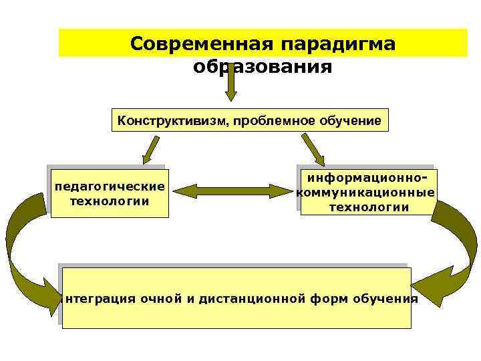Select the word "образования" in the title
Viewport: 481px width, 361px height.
point(263,67)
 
